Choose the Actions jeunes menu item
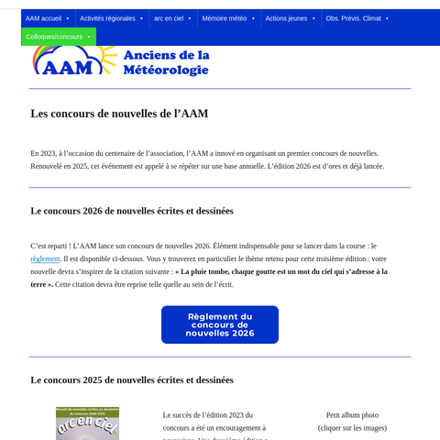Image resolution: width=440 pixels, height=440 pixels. (x=290, y=18)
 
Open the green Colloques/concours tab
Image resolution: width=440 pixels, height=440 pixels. (x=59, y=37)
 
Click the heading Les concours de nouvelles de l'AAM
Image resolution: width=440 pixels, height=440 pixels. (x=119, y=114)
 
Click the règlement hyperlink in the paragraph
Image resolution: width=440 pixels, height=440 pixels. (x=45, y=259)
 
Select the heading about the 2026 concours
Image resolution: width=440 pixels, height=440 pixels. (x=132, y=211)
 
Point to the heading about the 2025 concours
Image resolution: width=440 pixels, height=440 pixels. (x=132, y=379)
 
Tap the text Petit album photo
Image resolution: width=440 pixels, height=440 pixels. (x=352, y=415)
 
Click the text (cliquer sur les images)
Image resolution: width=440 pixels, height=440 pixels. (x=352, y=428)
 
